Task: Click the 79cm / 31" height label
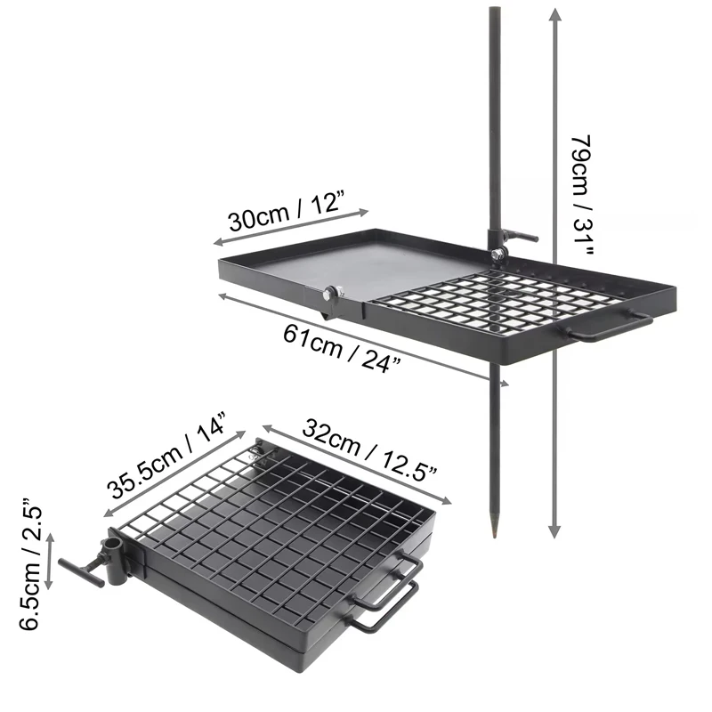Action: (583, 195)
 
